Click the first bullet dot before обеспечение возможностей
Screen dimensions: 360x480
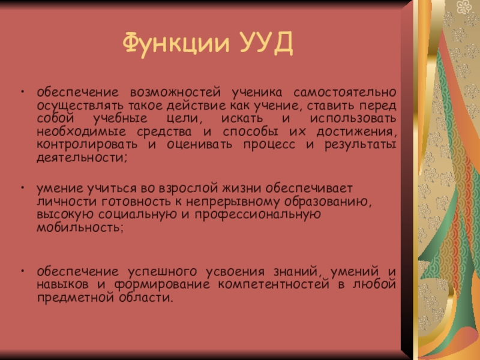22,94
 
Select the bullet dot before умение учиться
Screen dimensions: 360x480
22,187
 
